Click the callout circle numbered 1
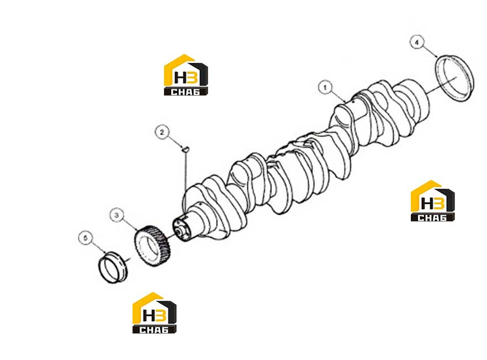[325, 87]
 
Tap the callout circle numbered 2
[162, 132]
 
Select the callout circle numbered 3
[117, 215]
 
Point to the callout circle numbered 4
[417, 43]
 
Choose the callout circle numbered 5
[86, 238]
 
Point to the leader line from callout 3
[130, 224]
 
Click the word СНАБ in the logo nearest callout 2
[186, 92]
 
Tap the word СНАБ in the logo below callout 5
[154, 330]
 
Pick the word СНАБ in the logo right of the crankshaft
[432, 218]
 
